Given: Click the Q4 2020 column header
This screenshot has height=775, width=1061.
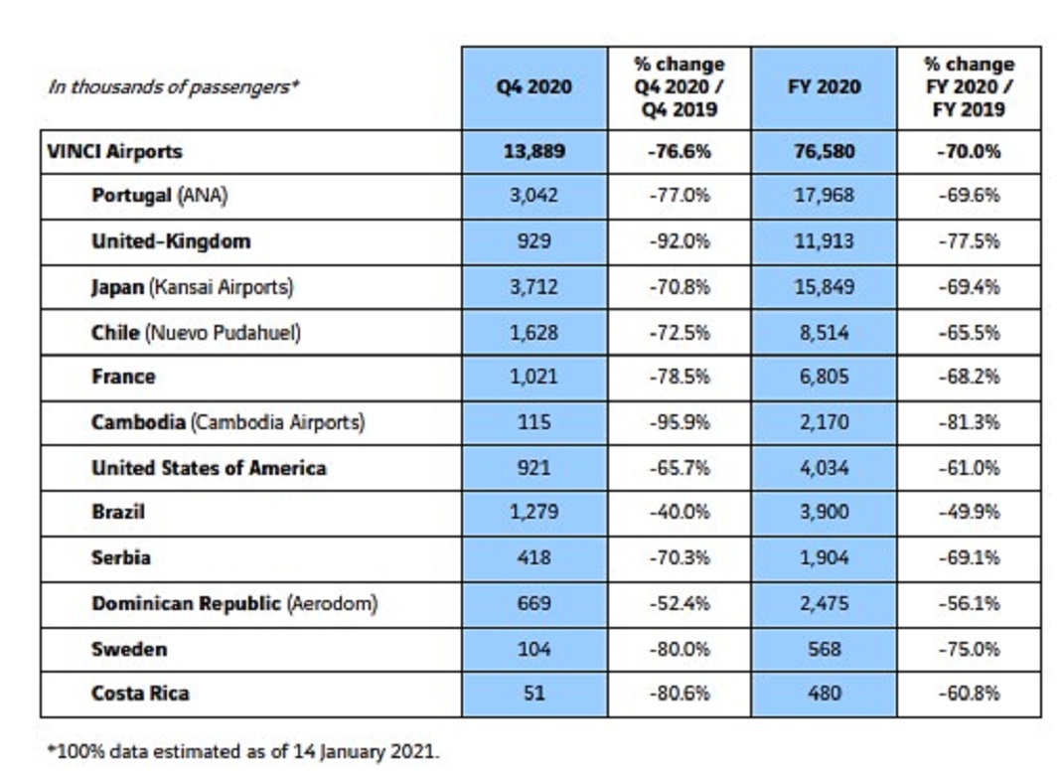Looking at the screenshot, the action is [533, 87].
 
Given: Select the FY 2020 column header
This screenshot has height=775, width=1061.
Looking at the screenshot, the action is [824, 87].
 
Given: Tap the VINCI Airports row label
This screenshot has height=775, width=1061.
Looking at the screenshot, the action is [114, 152].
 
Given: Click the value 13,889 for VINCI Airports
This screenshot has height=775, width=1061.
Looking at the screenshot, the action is [533, 152].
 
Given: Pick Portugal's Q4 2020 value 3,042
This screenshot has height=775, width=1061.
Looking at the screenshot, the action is [533, 196].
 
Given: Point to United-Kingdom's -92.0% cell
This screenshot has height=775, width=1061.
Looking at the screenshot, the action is [680, 241].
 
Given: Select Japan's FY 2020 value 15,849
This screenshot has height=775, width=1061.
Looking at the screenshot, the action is [824, 287].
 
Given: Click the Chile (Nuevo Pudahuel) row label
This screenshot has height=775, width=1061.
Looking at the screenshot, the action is [197, 333].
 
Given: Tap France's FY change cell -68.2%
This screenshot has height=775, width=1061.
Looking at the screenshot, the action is [969, 377].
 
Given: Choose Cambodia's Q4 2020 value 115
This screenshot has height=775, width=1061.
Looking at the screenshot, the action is [533, 423].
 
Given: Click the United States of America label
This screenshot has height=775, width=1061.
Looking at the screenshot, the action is [209, 468].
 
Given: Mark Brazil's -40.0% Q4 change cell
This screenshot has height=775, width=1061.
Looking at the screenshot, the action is [680, 513].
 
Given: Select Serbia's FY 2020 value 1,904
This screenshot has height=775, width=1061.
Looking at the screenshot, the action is [824, 558].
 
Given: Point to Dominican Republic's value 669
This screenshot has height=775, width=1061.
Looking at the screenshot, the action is [533, 604].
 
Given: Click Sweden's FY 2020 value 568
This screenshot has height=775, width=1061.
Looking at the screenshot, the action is [824, 650].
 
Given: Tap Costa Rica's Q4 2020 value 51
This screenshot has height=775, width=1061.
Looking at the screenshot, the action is [533, 694].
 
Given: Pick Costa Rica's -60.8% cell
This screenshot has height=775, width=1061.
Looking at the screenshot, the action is [969, 694].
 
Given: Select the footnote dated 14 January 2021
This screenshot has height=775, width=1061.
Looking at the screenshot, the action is [243, 752].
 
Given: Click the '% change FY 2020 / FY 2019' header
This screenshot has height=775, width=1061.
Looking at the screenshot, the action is [969, 87].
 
